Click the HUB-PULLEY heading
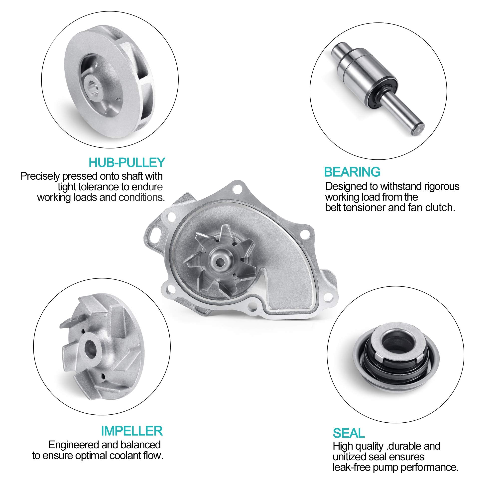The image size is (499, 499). [x=126, y=162]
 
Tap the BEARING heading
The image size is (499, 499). [x=352, y=172]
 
